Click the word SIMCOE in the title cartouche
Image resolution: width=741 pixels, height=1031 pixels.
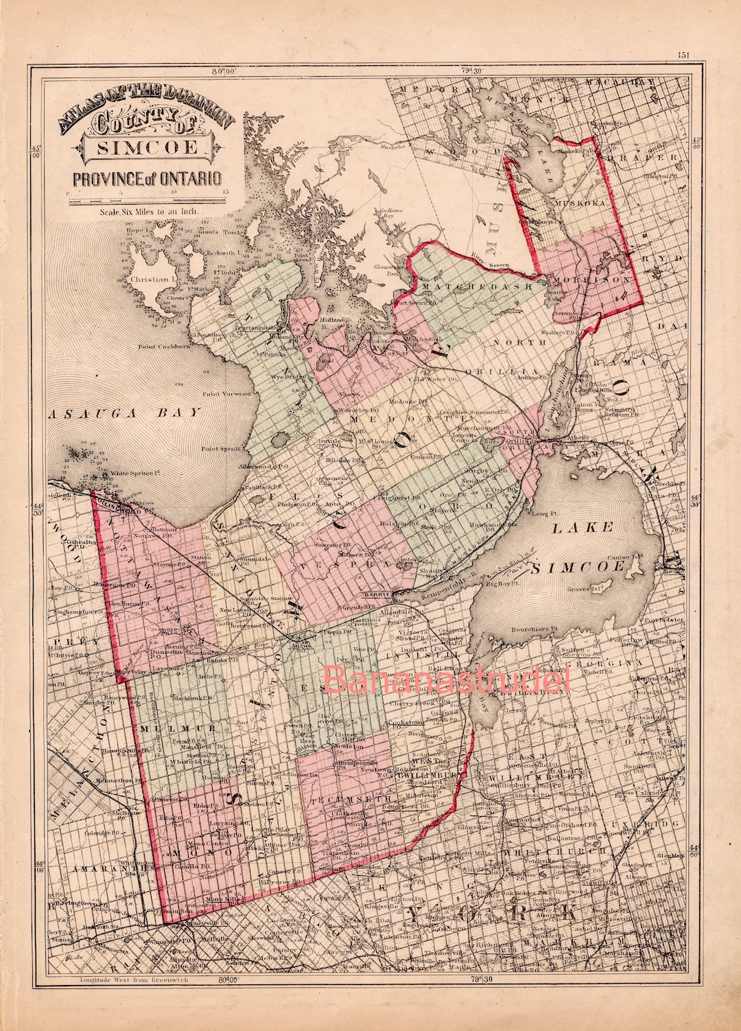[x=148, y=147]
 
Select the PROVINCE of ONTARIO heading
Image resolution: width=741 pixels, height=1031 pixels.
[x=147, y=180]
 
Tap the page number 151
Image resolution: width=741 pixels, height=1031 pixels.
[x=682, y=56]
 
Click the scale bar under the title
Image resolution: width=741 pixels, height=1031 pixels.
[x=148, y=200]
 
